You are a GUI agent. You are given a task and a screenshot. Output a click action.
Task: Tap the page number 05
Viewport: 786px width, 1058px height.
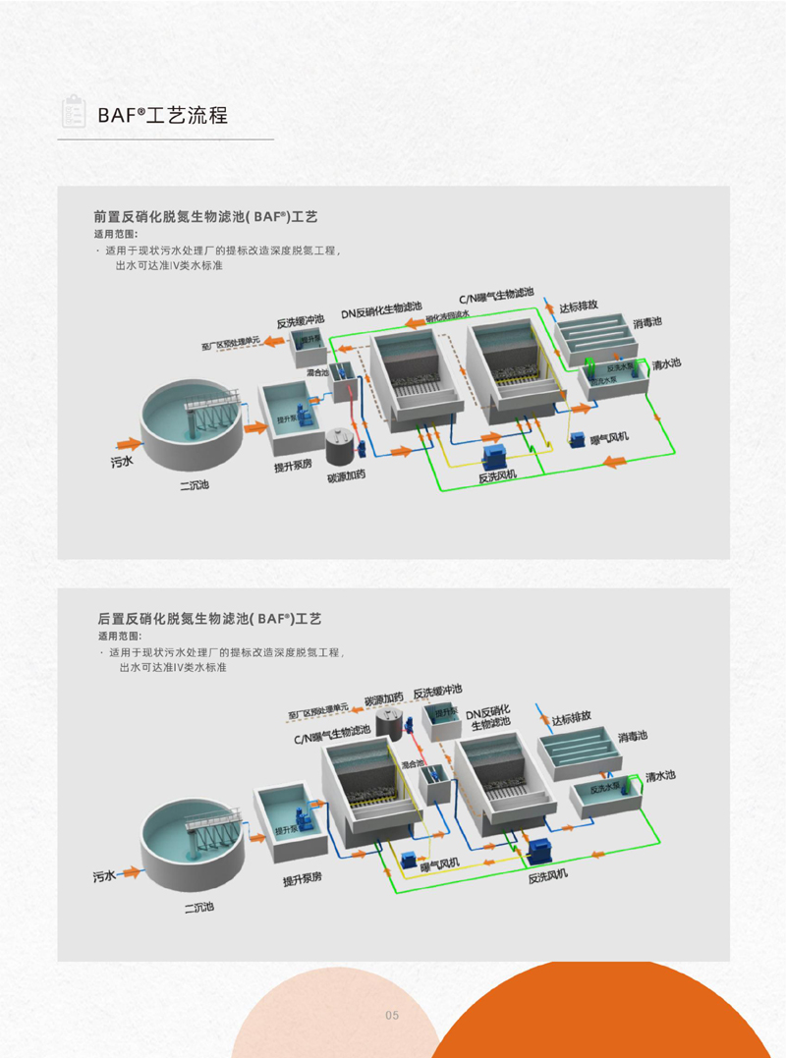pyautogui.click(x=392, y=1015)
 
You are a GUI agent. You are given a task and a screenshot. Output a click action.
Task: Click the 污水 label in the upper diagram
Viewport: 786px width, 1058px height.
pyautogui.click(x=122, y=458)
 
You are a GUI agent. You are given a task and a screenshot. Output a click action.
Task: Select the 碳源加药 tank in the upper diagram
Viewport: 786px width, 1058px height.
pyautogui.click(x=340, y=448)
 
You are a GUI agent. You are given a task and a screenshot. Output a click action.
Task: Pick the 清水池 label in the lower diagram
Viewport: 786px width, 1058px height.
pyautogui.click(x=660, y=776)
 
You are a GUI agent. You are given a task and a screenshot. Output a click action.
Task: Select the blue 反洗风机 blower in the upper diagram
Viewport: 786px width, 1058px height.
pyautogui.click(x=495, y=454)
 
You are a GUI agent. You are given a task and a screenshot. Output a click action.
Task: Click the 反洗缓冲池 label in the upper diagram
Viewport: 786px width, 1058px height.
pyautogui.click(x=301, y=321)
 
